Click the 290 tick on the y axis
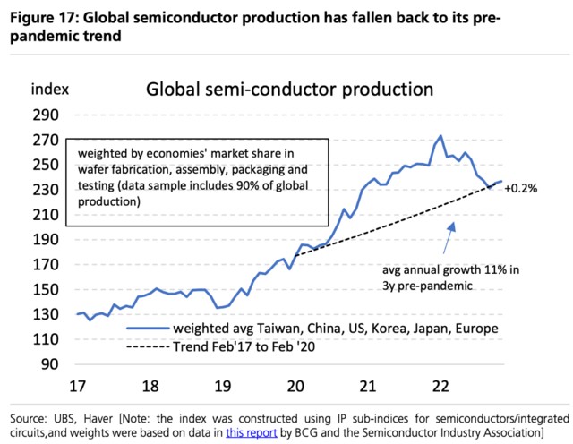[x=45, y=115]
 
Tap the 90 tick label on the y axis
[x=48, y=363]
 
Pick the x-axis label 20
[x=295, y=386]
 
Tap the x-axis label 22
[x=439, y=386]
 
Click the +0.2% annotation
[x=521, y=188]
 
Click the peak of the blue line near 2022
[x=440, y=136]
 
